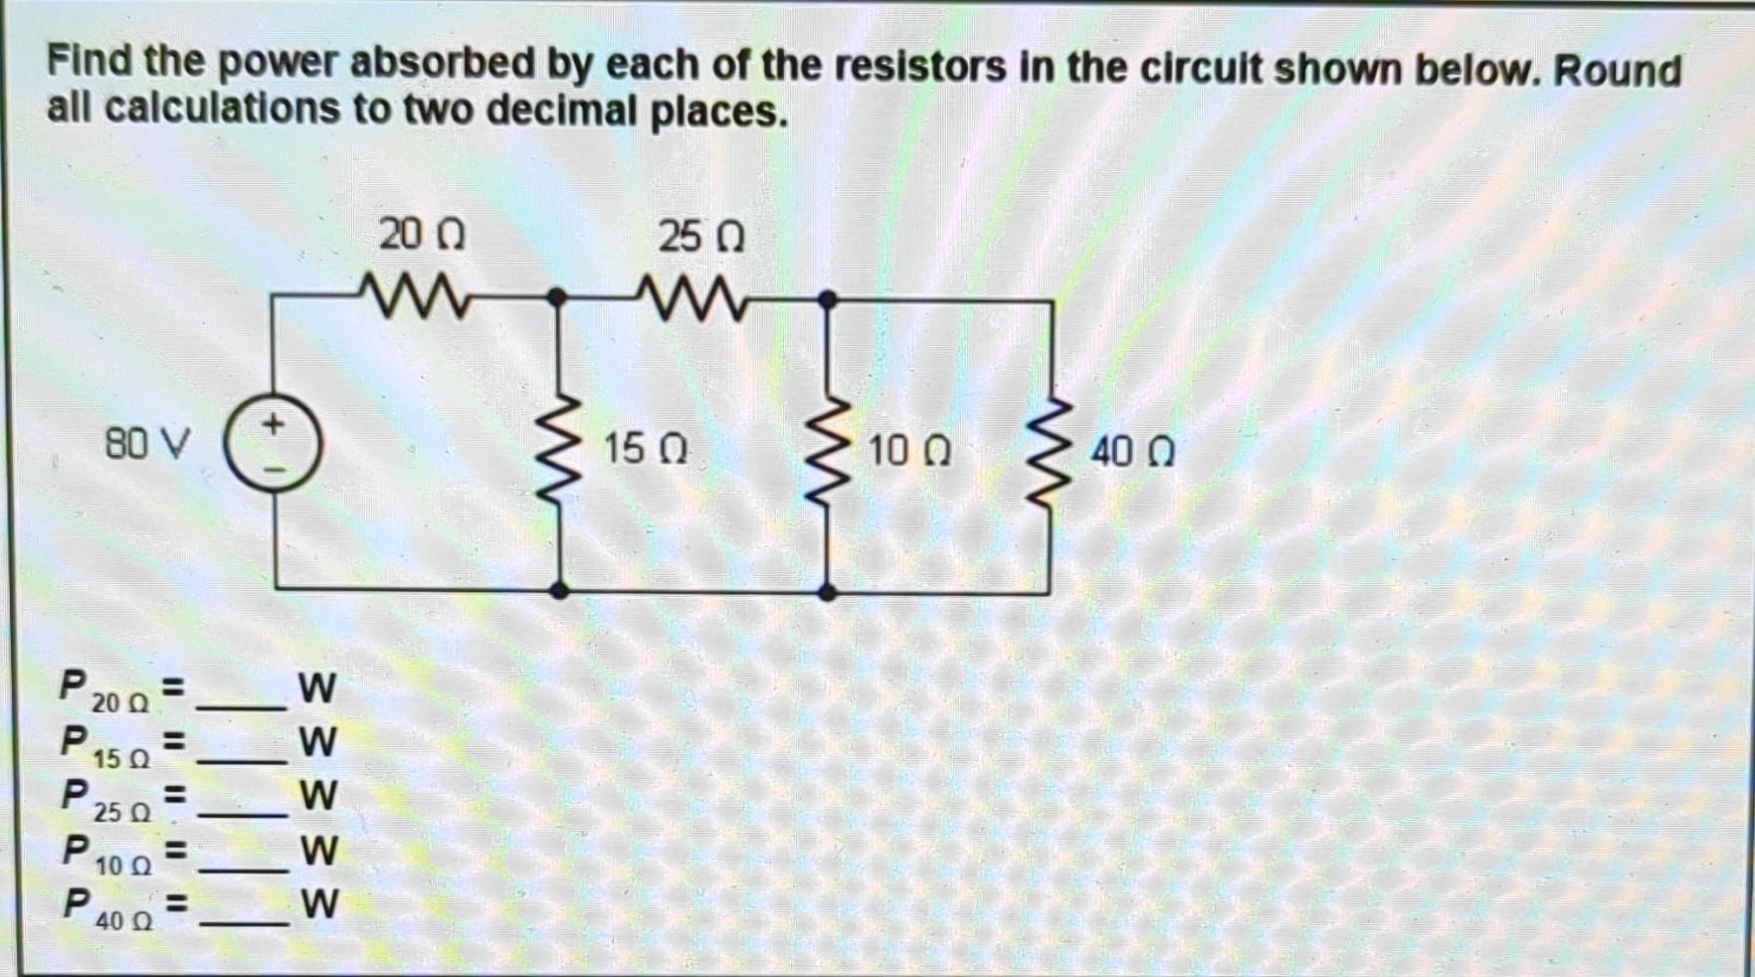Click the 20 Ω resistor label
point(422,236)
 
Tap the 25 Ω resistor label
point(700,237)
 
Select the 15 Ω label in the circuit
point(646,449)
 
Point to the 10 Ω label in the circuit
point(909,451)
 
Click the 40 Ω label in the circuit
point(1132,452)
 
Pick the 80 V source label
point(147,443)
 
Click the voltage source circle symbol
point(272,445)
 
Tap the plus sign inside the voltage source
point(273,424)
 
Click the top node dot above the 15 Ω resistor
point(558,296)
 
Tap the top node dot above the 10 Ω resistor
point(827,297)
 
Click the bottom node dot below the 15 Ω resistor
point(560,590)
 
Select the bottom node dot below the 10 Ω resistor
point(827,592)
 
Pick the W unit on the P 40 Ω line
point(319,903)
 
